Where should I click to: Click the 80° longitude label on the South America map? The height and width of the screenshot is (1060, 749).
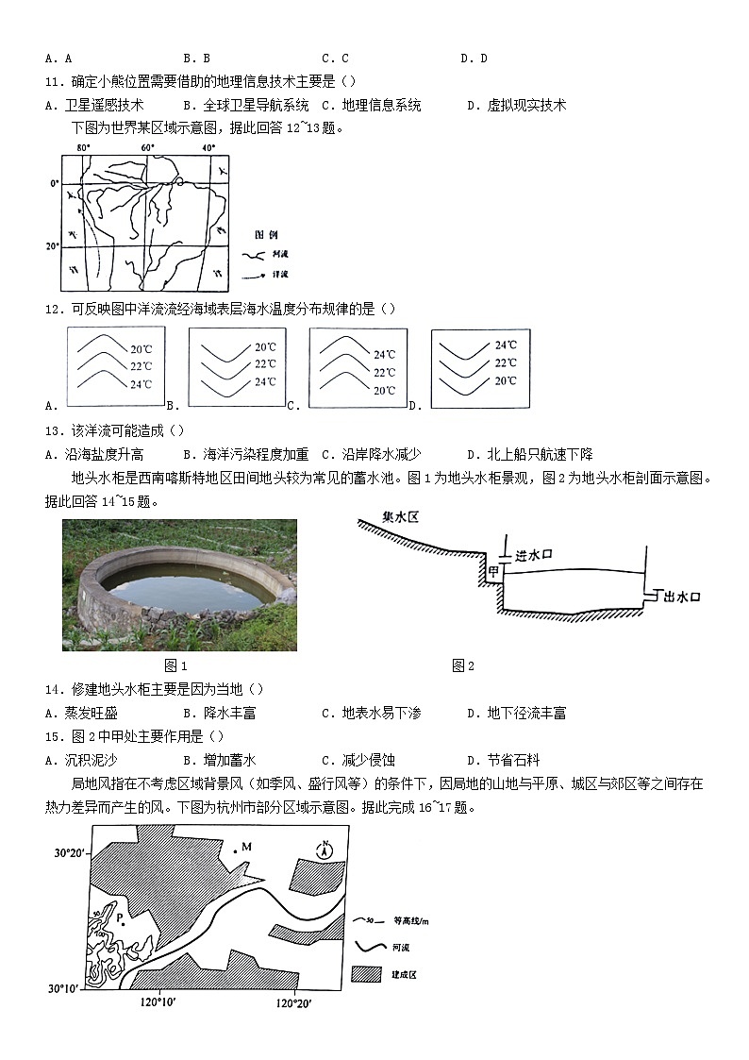[x=83, y=148]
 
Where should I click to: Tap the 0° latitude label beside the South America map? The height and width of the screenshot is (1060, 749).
[x=55, y=183]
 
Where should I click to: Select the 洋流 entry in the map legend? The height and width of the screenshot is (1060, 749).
[x=280, y=274]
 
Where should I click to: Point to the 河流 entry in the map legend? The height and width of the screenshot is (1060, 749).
[x=280, y=255]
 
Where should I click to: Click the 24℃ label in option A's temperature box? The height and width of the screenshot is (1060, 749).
[x=141, y=384]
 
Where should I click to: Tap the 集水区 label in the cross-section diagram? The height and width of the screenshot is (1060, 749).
[x=400, y=518]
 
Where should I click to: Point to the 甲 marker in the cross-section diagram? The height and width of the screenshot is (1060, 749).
[x=491, y=572]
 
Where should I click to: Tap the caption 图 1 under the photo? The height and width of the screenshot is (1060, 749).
[x=176, y=665]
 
